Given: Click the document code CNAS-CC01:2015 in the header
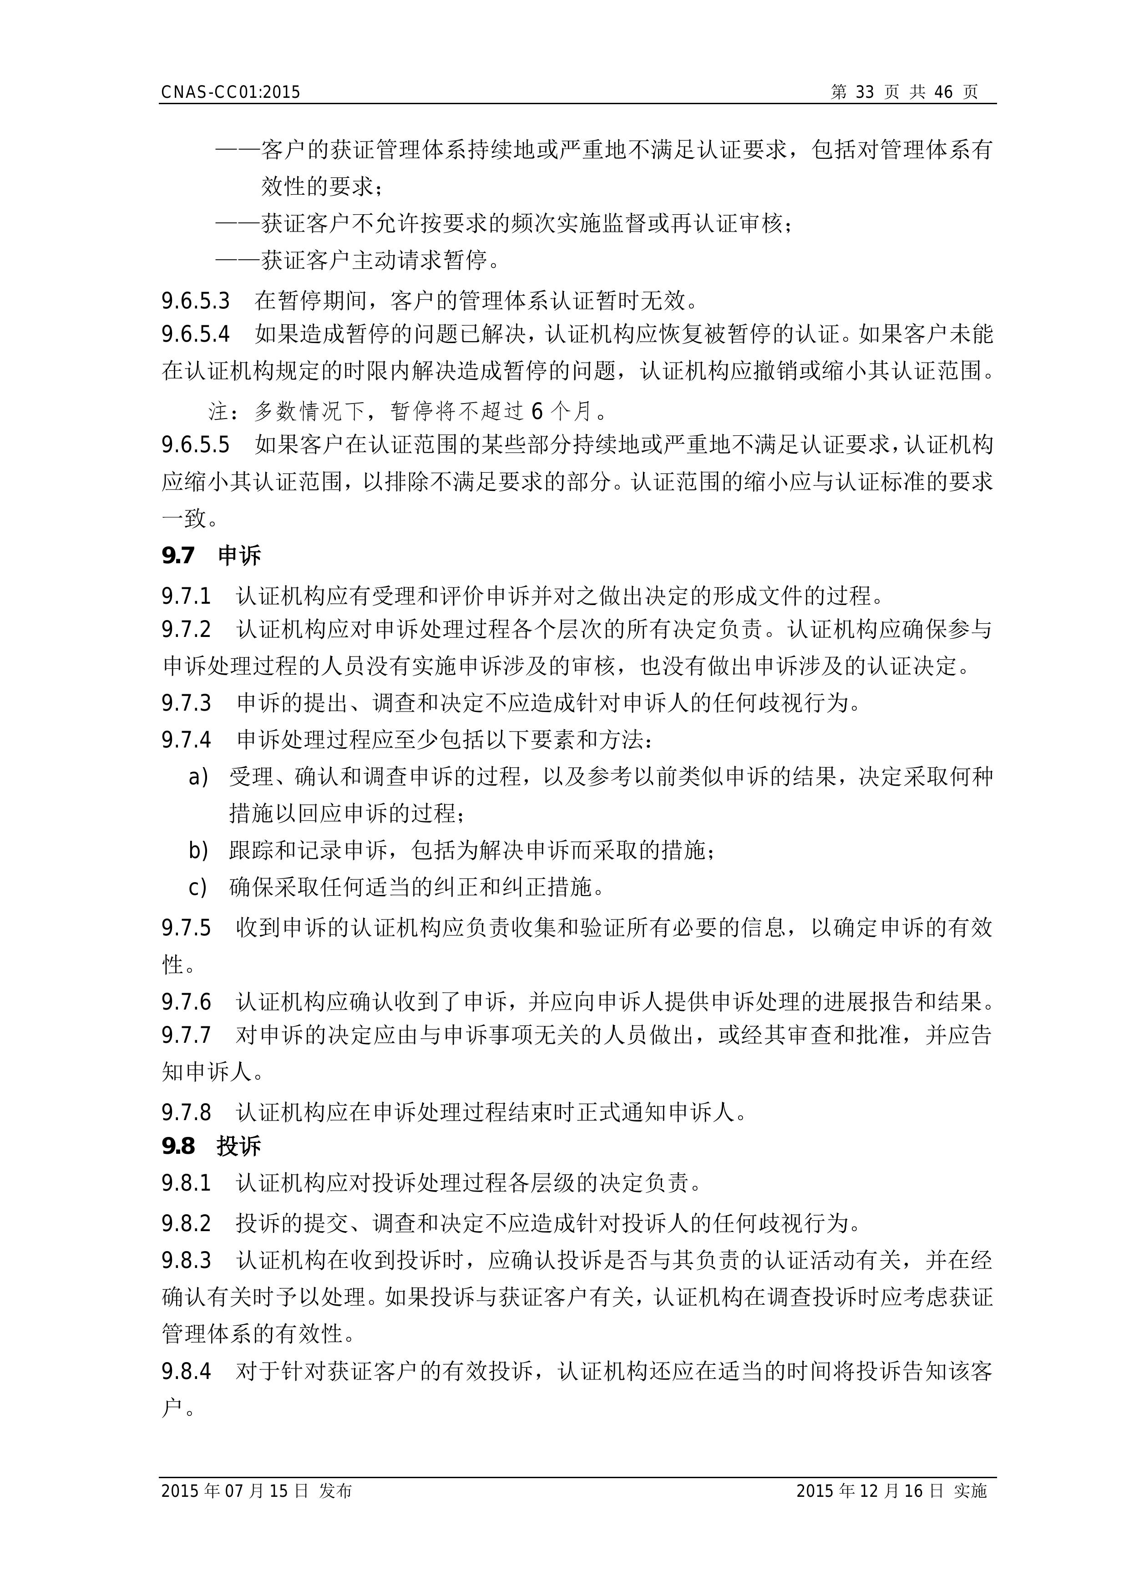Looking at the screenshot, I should coord(230,92).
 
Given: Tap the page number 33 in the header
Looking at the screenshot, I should coord(864,92).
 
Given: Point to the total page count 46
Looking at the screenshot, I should coord(943,92).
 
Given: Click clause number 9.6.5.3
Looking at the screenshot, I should coord(195,301).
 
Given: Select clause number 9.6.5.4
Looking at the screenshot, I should coord(195,334).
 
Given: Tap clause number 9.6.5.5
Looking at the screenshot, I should coord(195,445).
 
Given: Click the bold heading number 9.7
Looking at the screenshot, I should coord(178,556).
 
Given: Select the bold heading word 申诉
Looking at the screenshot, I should coord(239,556).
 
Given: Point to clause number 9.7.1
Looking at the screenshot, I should coord(186,596).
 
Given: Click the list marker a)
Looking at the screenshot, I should coord(198,777).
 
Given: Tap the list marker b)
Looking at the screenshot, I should coord(198,850).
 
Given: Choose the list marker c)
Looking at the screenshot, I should coord(198,887).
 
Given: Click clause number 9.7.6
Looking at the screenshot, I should coord(186,1002).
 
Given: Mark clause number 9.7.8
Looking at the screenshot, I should coord(186,1112).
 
